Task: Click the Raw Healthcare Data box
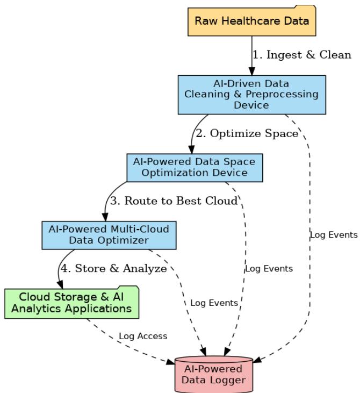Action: [251, 22]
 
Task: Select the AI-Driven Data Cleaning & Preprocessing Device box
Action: [251, 95]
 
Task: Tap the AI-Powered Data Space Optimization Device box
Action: [194, 167]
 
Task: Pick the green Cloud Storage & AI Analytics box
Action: [71, 303]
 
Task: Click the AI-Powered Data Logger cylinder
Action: [213, 375]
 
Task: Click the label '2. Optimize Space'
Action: [247, 134]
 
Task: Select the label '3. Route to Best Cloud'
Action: [174, 202]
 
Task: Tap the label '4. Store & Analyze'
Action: [113, 269]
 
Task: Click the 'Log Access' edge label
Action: [143, 336]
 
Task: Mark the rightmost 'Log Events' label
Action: [333, 235]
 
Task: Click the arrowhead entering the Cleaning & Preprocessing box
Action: [251, 71]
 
